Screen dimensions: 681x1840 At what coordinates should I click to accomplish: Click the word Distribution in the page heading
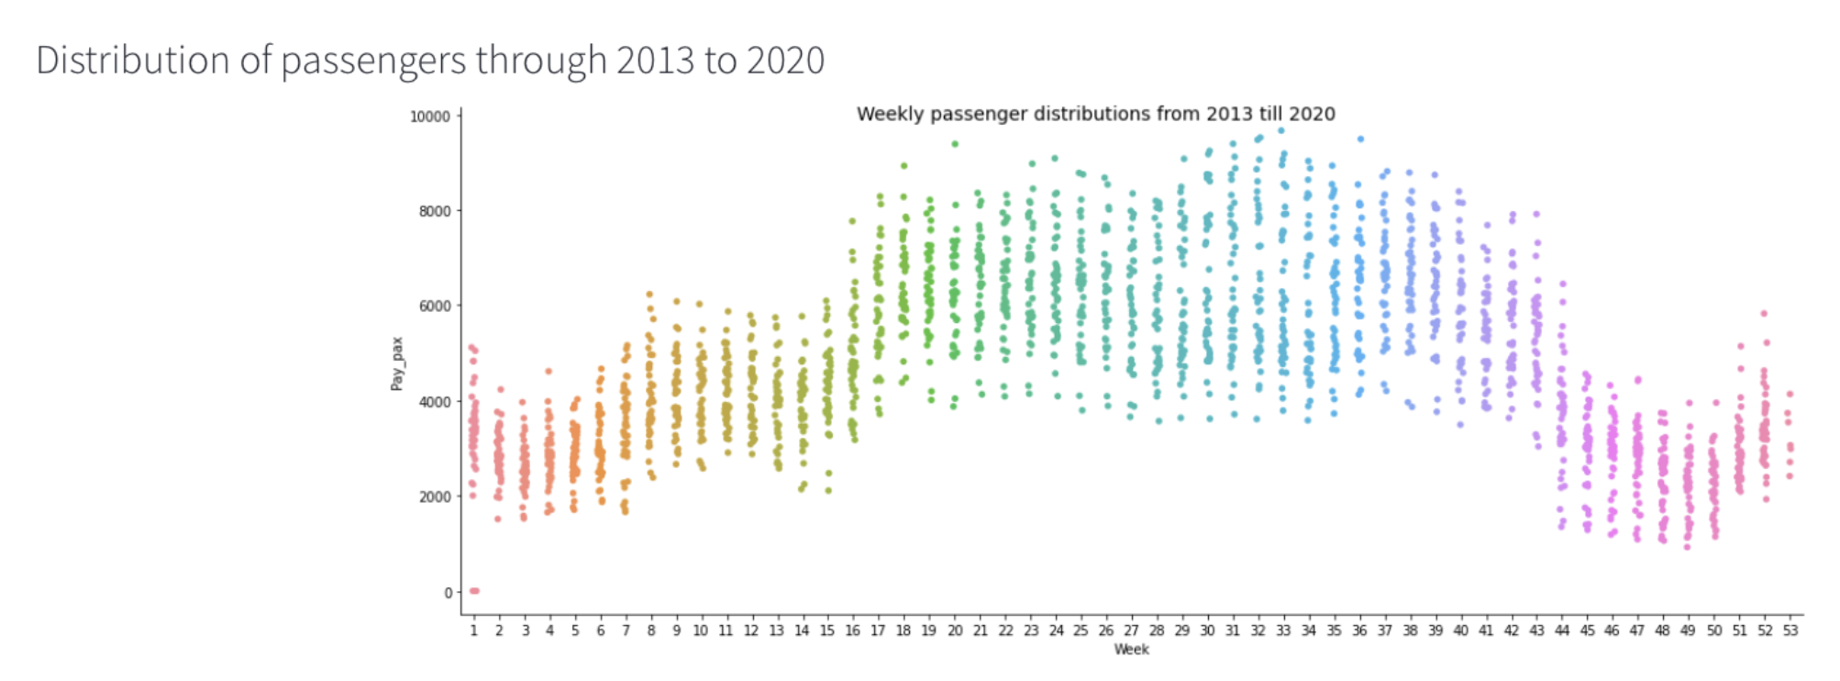(x=132, y=61)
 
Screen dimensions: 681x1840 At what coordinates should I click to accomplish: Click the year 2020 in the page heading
(x=785, y=61)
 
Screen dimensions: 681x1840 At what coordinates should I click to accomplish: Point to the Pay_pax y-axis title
(x=396, y=363)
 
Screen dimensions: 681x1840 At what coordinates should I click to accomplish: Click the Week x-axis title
(x=1131, y=650)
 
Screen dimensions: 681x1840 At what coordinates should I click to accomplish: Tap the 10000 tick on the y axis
(x=429, y=117)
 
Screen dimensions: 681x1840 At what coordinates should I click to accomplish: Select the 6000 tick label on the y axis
(x=435, y=307)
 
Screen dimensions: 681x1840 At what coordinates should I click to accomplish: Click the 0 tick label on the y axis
(x=448, y=593)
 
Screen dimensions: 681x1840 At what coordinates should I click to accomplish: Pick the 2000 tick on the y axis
(x=435, y=497)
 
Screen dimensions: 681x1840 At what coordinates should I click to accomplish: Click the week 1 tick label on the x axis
(x=473, y=631)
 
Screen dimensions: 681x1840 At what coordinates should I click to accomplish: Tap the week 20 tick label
(x=955, y=631)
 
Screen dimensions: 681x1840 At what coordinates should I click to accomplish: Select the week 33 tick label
(x=1283, y=631)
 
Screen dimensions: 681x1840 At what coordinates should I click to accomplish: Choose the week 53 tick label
(x=1790, y=631)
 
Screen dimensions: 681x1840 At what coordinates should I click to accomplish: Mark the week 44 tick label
(x=1562, y=631)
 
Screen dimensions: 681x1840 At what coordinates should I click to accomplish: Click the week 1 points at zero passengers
(x=474, y=591)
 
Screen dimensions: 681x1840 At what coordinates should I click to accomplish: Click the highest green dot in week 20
(x=955, y=144)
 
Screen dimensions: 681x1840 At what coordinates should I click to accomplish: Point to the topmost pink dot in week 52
(x=1763, y=314)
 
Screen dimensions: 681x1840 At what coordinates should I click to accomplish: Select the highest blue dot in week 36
(x=1360, y=140)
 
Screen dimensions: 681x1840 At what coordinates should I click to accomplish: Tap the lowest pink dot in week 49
(x=1686, y=547)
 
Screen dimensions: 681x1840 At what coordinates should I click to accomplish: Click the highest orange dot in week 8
(x=649, y=295)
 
